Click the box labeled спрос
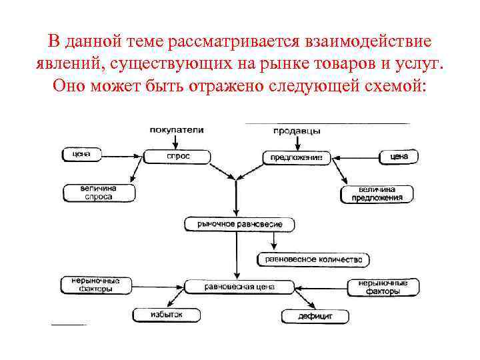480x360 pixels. point(177,156)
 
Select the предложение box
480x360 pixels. point(297,158)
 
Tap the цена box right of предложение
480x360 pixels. point(399,157)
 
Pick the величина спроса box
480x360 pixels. point(99,193)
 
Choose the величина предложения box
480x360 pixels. point(377,194)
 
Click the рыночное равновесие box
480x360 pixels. point(239,224)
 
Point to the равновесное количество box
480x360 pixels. point(313,259)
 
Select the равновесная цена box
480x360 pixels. point(238,287)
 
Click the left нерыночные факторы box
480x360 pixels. point(91,285)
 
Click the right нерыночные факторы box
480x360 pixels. point(383,287)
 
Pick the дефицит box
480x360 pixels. point(316,315)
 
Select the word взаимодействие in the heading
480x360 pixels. point(368,41)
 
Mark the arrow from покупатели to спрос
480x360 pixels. point(177,142)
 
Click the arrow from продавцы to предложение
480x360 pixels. point(297,143)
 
